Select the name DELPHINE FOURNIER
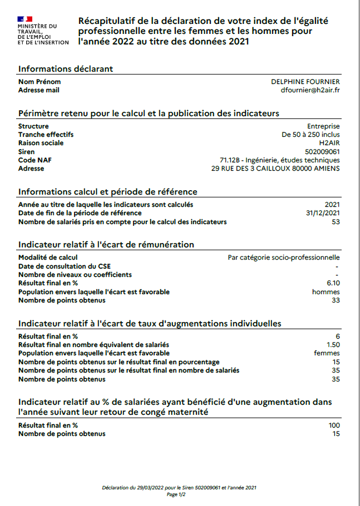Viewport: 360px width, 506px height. (x=305, y=82)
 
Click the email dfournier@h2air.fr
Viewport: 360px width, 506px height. (x=311, y=90)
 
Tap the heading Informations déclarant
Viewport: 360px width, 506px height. (x=66, y=68)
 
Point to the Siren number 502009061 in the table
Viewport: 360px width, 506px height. (x=323, y=151)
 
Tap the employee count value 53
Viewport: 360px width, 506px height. (x=335, y=222)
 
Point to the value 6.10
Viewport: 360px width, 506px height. (x=333, y=283)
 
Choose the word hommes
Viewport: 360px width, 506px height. (x=326, y=292)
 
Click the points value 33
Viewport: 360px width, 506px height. (x=335, y=300)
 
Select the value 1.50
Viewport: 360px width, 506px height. (x=333, y=345)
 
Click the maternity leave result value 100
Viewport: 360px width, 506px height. (x=334, y=425)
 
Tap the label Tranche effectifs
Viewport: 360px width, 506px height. (x=46, y=135)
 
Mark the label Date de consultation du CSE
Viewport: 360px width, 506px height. (x=65, y=266)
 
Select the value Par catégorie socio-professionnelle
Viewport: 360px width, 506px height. (x=284, y=257)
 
